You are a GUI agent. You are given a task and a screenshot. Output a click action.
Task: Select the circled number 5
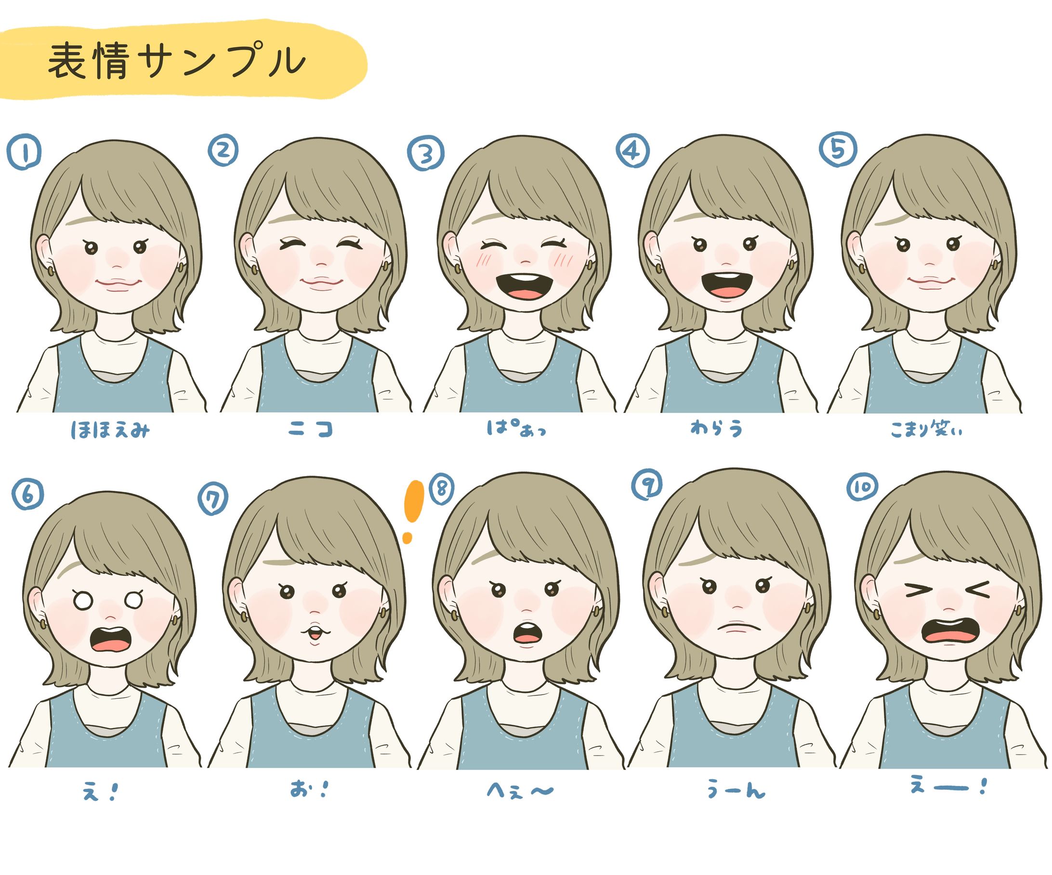tap(838, 149)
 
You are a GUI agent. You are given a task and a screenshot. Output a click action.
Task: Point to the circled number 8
tap(440, 489)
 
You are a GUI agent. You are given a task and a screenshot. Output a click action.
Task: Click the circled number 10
tap(862, 487)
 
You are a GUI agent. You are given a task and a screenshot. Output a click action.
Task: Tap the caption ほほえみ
tap(110, 430)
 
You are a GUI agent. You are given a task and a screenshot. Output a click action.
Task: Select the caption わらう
tap(717, 428)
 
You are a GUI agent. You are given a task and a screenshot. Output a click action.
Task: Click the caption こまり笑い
tap(926, 429)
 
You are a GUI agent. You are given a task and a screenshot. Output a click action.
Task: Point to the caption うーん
tap(736, 790)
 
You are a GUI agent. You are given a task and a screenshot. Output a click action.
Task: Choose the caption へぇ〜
tap(521, 791)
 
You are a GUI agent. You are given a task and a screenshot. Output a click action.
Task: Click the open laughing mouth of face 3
tap(525, 286)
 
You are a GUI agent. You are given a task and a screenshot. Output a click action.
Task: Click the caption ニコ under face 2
tap(311, 429)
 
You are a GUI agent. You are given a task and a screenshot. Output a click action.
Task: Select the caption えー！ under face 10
tap(948, 787)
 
